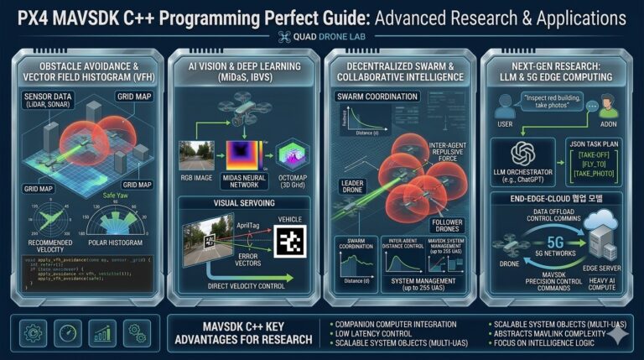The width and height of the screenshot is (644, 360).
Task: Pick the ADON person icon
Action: point(609,108)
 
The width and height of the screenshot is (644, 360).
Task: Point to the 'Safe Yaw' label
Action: point(115,196)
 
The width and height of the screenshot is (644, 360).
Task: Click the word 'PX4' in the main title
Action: point(35,18)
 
